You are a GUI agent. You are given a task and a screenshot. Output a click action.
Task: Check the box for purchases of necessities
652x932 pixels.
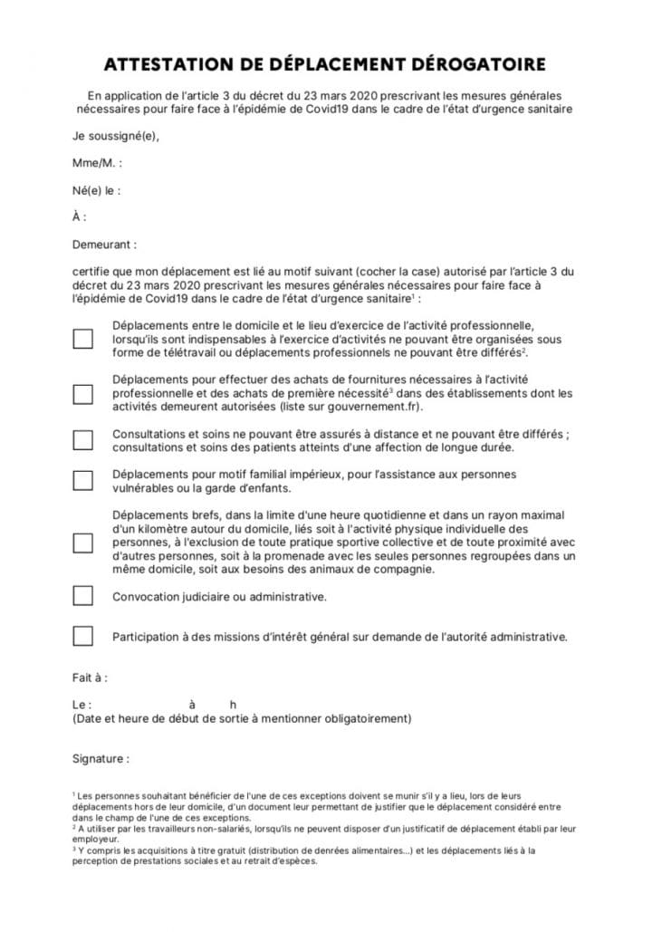pyautogui.click(x=82, y=394)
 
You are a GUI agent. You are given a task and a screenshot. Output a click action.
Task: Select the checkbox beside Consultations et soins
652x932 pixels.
pyautogui.click(x=82, y=439)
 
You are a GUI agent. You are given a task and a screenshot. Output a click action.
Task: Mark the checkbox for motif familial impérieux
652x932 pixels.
pyautogui.click(x=82, y=481)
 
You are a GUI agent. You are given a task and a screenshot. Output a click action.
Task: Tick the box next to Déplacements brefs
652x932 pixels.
pyautogui.click(x=82, y=543)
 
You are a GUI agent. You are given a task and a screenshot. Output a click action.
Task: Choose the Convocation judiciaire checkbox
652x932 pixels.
pyautogui.click(x=82, y=596)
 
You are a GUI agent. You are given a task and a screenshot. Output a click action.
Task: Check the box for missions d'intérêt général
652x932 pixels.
pyautogui.click(x=82, y=636)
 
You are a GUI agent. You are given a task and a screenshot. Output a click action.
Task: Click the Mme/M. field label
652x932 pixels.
pyautogui.click(x=97, y=163)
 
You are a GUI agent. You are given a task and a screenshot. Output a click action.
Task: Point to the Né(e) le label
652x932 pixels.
pyautogui.click(x=96, y=191)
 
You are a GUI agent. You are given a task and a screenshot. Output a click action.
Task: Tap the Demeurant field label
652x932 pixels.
pyautogui.click(x=105, y=245)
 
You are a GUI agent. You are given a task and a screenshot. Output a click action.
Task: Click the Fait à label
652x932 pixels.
pyautogui.click(x=90, y=677)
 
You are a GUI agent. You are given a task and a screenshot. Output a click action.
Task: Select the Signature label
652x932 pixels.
pyautogui.click(x=101, y=758)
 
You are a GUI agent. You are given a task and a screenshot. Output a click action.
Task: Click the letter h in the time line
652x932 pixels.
pyautogui.click(x=233, y=705)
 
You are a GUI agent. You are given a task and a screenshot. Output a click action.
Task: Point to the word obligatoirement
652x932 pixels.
pyautogui.click(x=367, y=719)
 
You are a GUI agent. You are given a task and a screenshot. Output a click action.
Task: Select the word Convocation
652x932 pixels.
pyautogui.click(x=149, y=597)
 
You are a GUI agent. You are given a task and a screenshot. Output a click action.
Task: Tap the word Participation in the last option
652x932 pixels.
pyautogui.click(x=149, y=637)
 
